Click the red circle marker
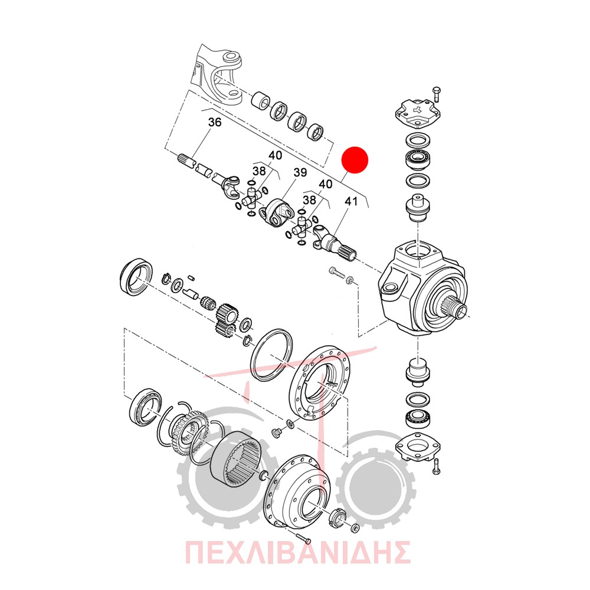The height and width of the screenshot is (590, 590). click(355, 159)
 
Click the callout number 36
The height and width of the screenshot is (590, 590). click(215, 122)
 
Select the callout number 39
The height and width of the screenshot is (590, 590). click(300, 172)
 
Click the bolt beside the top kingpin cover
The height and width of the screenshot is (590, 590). click(437, 94)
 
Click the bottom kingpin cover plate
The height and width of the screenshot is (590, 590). click(418, 447)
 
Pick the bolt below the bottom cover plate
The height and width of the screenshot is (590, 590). click(436, 467)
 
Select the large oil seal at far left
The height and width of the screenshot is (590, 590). click(137, 277)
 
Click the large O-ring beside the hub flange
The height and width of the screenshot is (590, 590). click(271, 355)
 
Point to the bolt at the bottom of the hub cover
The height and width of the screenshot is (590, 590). click(303, 539)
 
